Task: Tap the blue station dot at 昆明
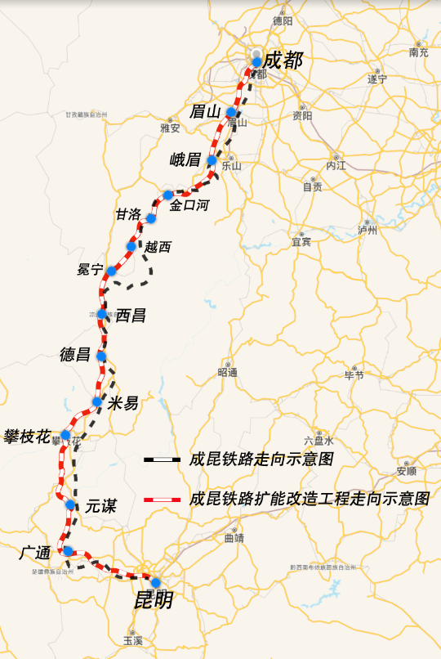[156, 583]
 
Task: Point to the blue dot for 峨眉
[212, 160]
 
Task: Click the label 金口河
[190, 206]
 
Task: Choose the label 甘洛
[128, 214]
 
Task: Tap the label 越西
[158, 247]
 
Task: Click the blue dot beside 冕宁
[111, 271]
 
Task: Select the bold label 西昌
[131, 315]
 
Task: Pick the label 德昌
[76, 355]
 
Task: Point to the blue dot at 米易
[97, 401]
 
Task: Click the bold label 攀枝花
[28, 434]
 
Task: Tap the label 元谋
[100, 506]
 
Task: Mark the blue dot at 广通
[68, 551]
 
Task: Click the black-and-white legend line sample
[162, 460]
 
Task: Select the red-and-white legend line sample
[162, 498]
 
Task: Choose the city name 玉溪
[132, 640]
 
